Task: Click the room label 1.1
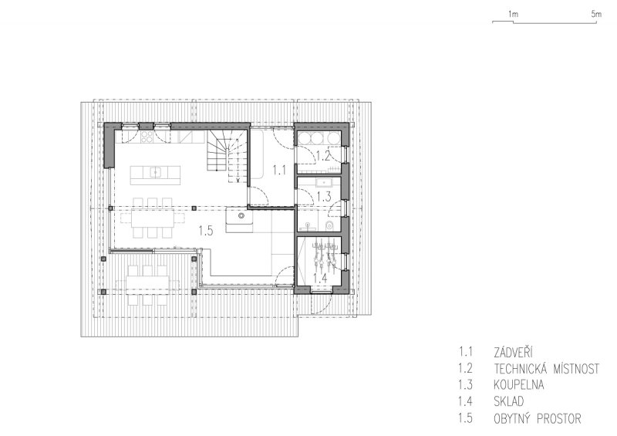(279, 171)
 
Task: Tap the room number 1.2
(323, 157)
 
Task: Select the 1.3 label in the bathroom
(324, 197)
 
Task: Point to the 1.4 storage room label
(320, 278)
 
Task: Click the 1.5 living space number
(206, 231)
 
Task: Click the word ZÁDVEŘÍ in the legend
(513, 352)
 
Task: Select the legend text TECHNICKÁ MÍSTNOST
(547, 369)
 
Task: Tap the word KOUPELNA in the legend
(518, 384)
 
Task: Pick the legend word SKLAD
(509, 401)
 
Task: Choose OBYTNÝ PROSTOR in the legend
(538, 418)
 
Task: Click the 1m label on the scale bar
(513, 14)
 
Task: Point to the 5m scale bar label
(596, 14)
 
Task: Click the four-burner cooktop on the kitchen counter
(147, 137)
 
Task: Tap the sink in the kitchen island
(156, 172)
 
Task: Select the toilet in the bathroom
(330, 225)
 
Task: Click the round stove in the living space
(241, 216)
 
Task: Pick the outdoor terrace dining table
(147, 282)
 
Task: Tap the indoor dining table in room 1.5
(153, 218)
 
